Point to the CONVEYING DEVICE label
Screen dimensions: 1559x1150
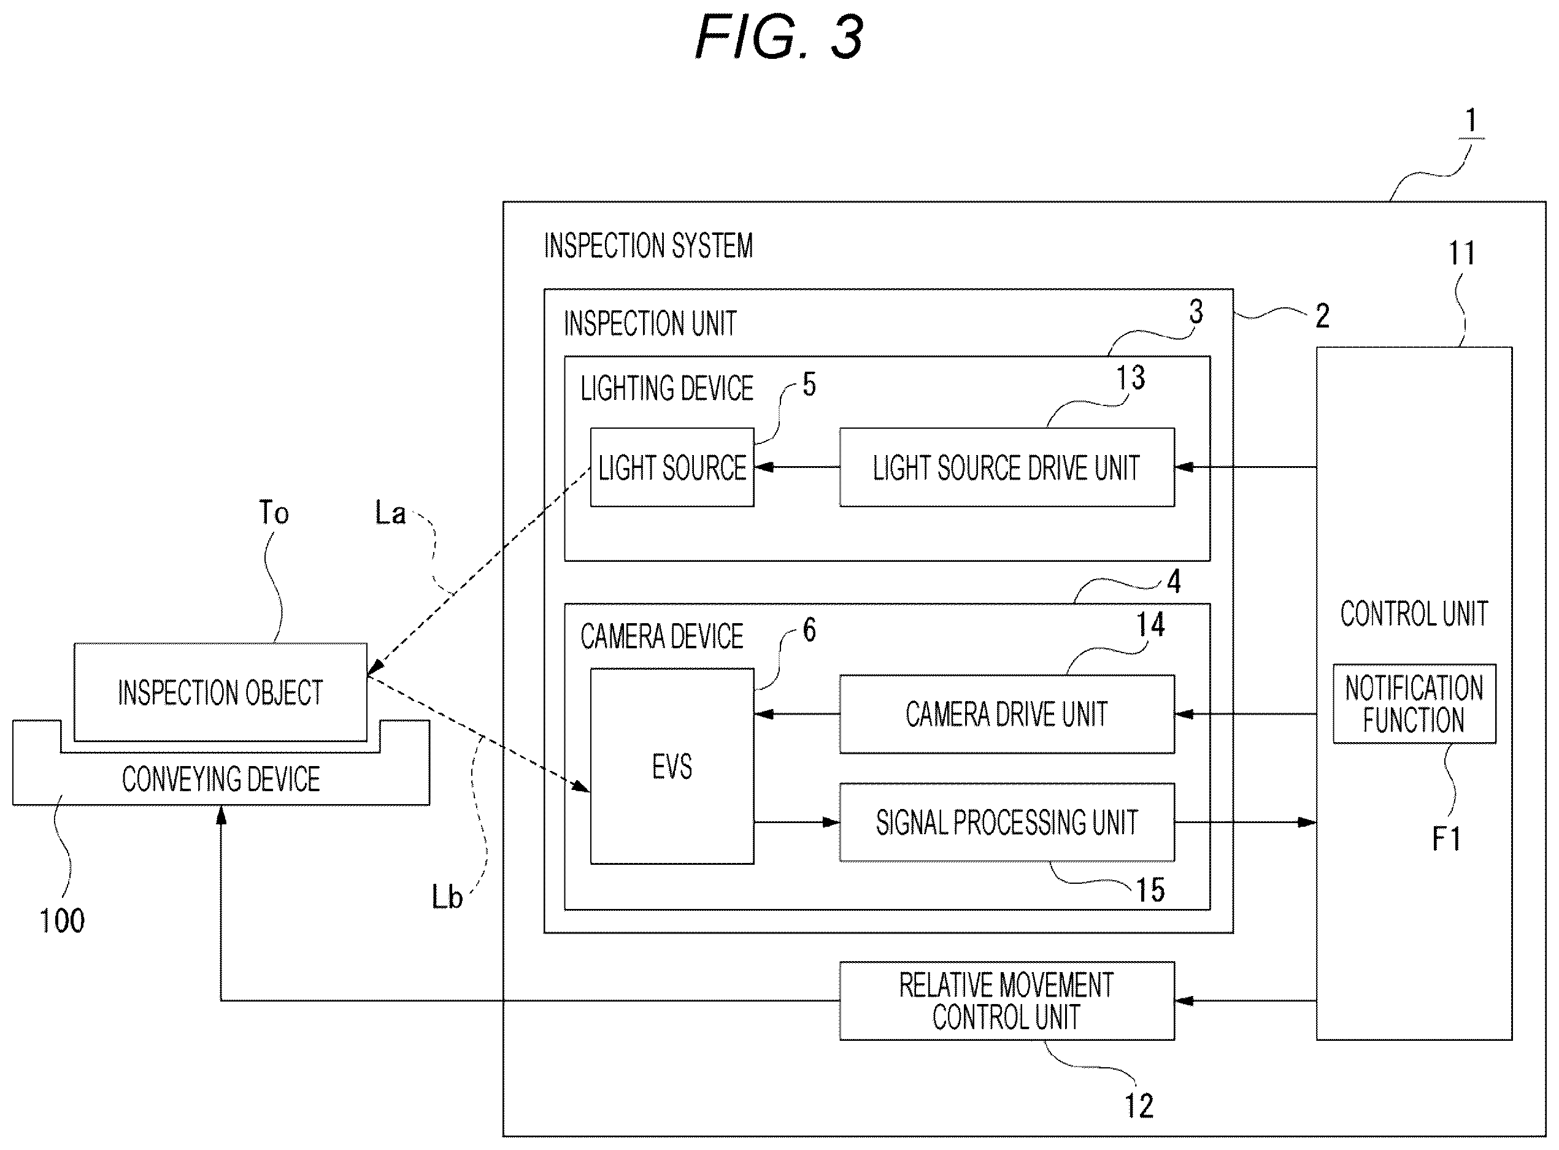point(221,779)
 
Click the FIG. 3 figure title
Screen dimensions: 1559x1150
point(779,37)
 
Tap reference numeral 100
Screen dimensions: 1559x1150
point(62,921)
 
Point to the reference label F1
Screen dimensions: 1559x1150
point(1445,839)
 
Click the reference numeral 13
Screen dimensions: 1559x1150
point(1130,378)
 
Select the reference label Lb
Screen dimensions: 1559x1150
point(446,897)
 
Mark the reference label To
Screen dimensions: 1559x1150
point(274,513)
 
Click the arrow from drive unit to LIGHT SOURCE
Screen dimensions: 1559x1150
point(796,467)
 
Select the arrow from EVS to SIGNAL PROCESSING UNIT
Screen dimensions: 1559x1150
point(796,822)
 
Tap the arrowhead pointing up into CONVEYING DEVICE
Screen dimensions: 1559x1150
point(221,815)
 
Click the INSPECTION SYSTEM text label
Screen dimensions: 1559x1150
point(649,246)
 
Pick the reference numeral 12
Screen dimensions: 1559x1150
point(1139,1106)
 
